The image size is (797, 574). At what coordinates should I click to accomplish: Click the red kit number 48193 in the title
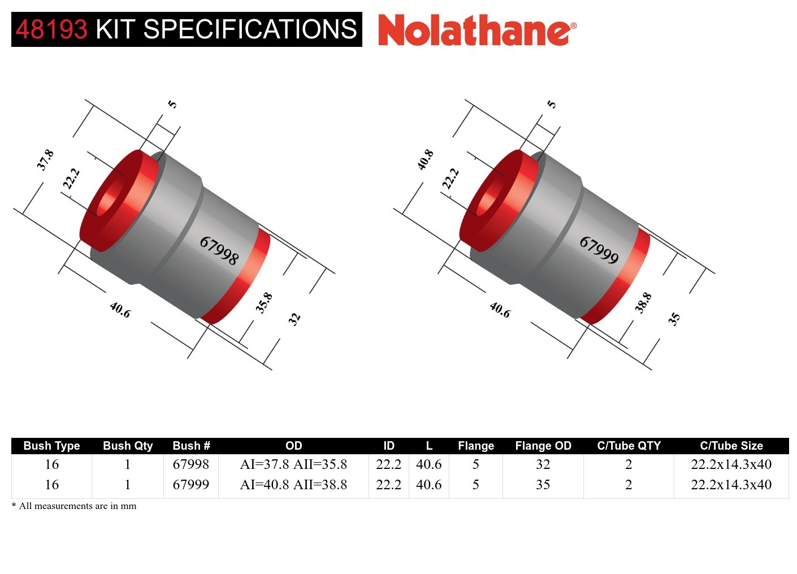pos(51,29)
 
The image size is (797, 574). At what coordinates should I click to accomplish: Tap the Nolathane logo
pos(477,30)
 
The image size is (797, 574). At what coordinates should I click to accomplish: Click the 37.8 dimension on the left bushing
pos(45,160)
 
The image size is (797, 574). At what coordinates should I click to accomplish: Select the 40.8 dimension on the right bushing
pos(425,160)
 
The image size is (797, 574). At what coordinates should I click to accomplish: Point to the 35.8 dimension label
pos(264,303)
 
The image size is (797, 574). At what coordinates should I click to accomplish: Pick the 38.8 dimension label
pos(643,303)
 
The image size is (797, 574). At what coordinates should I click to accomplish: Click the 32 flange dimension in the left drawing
pos(294,319)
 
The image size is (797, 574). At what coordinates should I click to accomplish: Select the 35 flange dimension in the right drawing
pos(674,319)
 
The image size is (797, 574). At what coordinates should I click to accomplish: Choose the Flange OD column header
pos(543,446)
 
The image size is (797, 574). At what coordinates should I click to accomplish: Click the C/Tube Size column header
pos(731,446)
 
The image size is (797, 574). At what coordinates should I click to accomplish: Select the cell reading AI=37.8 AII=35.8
pos(293,464)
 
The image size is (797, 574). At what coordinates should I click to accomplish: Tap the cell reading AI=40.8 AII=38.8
pos(293,485)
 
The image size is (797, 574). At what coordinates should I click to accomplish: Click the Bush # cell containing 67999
pos(190,485)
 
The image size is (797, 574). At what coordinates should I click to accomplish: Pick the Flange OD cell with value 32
pos(543,464)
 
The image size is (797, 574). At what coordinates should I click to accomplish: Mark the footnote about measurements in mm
pos(74,506)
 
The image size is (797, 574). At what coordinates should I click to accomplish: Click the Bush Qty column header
pos(128,446)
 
